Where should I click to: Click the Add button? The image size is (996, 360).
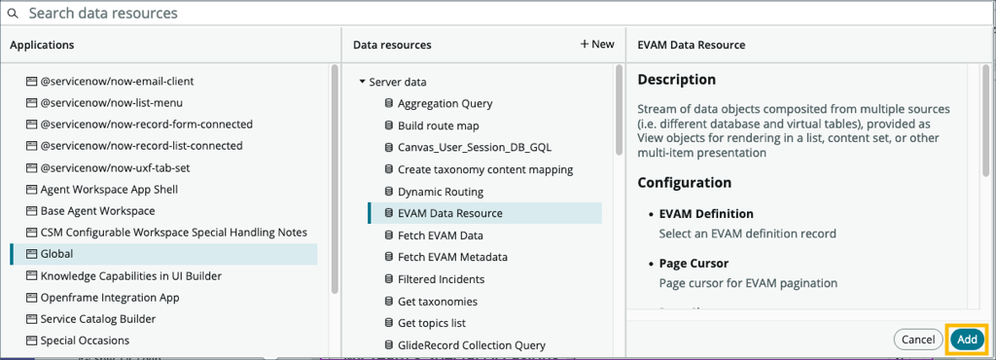(x=967, y=340)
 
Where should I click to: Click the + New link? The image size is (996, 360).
(x=597, y=45)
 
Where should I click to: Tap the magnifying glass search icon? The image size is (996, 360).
(x=14, y=14)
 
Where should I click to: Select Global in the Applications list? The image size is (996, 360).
(x=57, y=254)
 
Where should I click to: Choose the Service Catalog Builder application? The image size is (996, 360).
(x=97, y=319)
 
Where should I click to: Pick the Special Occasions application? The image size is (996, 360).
(x=85, y=341)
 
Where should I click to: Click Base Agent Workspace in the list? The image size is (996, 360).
(x=97, y=210)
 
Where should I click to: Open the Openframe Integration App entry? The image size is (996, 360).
(x=109, y=298)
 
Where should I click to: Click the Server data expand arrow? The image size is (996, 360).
(x=362, y=83)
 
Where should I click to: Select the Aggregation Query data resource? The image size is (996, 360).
(x=445, y=104)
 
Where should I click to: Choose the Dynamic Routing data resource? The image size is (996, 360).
(x=440, y=192)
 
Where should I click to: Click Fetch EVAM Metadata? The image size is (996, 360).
(x=452, y=258)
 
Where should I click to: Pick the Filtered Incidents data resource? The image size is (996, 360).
(x=441, y=279)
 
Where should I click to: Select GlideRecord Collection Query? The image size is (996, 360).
(x=471, y=345)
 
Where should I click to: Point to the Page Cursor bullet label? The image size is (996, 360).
(x=694, y=264)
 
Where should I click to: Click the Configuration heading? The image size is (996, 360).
(x=684, y=182)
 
